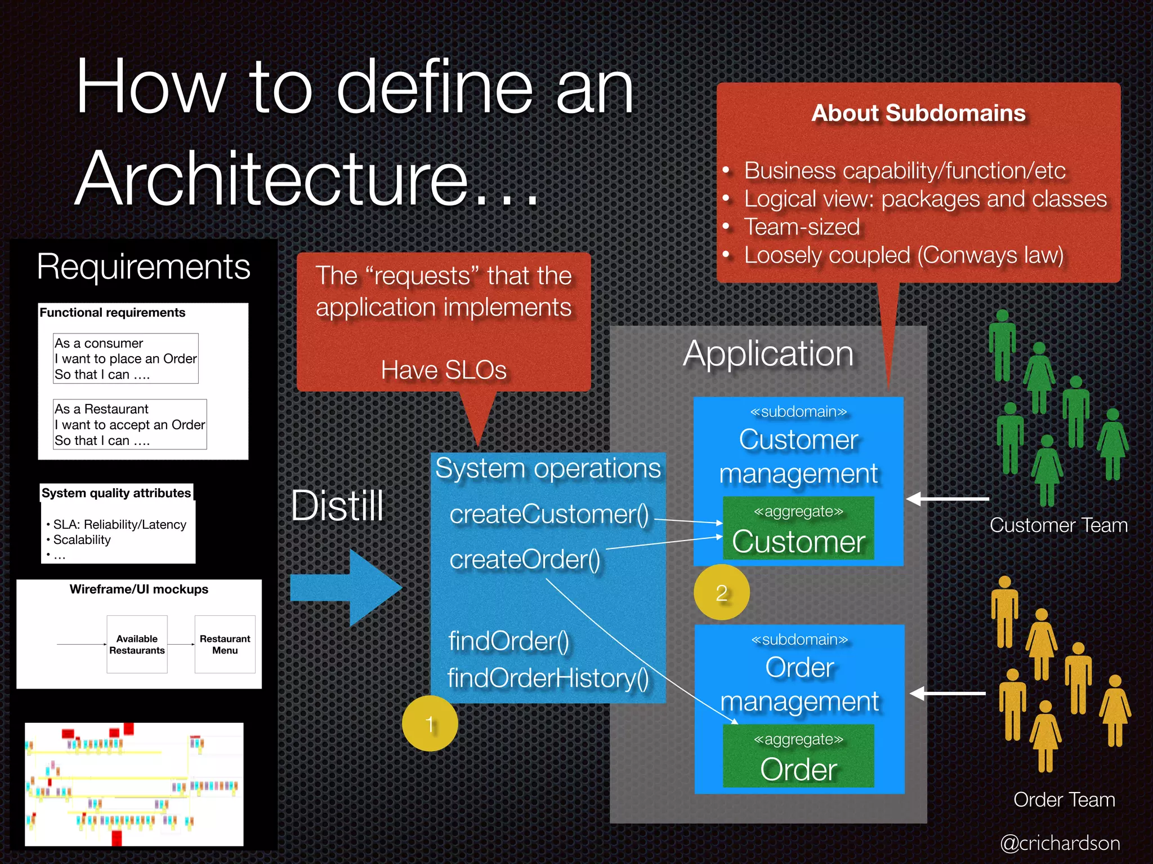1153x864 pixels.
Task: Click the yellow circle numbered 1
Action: [x=430, y=723]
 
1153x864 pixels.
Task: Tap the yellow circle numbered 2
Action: [x=721, y=592]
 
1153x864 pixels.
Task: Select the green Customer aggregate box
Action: [x=798, y=528]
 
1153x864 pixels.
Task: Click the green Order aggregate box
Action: [x=798, y=756]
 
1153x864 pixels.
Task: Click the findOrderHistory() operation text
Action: [x=548, y=678]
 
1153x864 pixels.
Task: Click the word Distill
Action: [x=337, y=505]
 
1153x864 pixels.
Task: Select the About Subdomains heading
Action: [x=918, y=113]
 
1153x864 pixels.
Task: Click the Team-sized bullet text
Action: [x=802, y=227]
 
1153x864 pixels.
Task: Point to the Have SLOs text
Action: [x=444, y=370]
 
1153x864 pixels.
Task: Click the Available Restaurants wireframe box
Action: [x=137, y=644]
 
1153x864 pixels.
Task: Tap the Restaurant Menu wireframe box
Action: [x=225, y=644]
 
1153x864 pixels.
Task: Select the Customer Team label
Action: [x=1058, y=525]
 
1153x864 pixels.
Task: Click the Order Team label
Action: [x=1063, y=799]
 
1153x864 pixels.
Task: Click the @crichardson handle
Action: [x=1060, y=843]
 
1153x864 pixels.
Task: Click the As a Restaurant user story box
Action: [x=129, y=425]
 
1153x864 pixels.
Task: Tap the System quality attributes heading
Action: [x=116, y=493]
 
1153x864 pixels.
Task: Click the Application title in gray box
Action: [x=768, y=354]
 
